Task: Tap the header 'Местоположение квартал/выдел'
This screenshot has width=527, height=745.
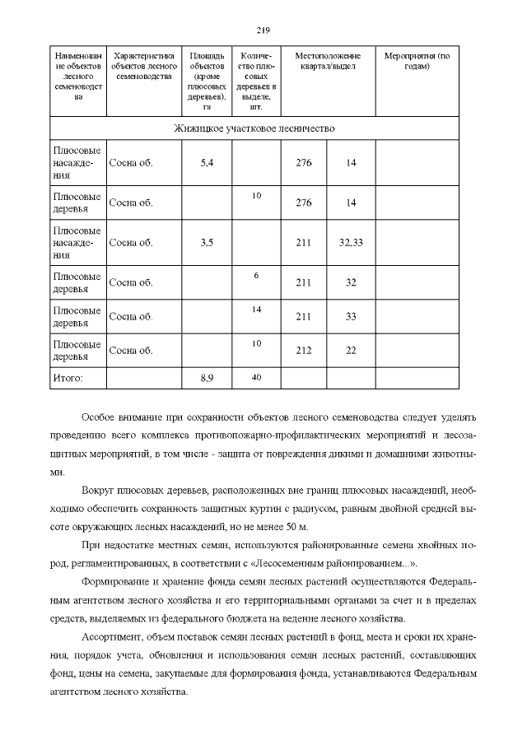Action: point(328,61)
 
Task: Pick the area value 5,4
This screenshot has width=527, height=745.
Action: point(207,163)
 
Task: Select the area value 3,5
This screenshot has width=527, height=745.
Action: point(207,243)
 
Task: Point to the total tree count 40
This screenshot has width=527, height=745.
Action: point(256,376)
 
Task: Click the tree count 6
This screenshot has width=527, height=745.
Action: point(256,275)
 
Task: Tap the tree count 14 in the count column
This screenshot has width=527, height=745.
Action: point(256,309)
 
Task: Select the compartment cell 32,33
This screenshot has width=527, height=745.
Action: point(351,243)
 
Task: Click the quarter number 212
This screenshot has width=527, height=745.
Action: point(303,350)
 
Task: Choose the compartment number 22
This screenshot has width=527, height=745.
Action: point(351,350)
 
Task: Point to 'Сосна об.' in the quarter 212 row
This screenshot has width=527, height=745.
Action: point(131,350)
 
